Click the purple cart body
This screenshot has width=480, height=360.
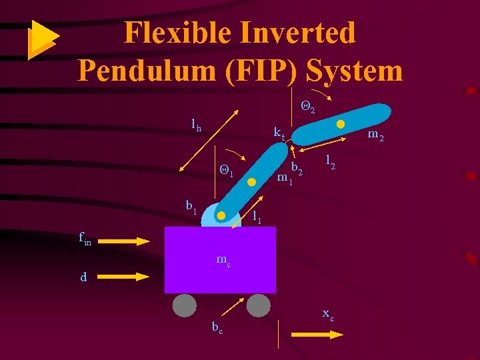(220, 260)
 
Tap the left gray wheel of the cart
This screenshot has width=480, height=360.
(185, 305)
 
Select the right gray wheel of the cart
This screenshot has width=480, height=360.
(259, 305)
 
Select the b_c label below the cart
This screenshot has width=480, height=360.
(217, 327)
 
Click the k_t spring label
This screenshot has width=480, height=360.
(279, 133)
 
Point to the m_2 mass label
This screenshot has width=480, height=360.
(376, 137)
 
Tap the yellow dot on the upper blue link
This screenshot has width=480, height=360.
(340, 124)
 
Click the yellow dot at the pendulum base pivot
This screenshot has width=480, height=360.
(221, 215)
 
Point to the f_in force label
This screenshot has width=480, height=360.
(85, 238)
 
